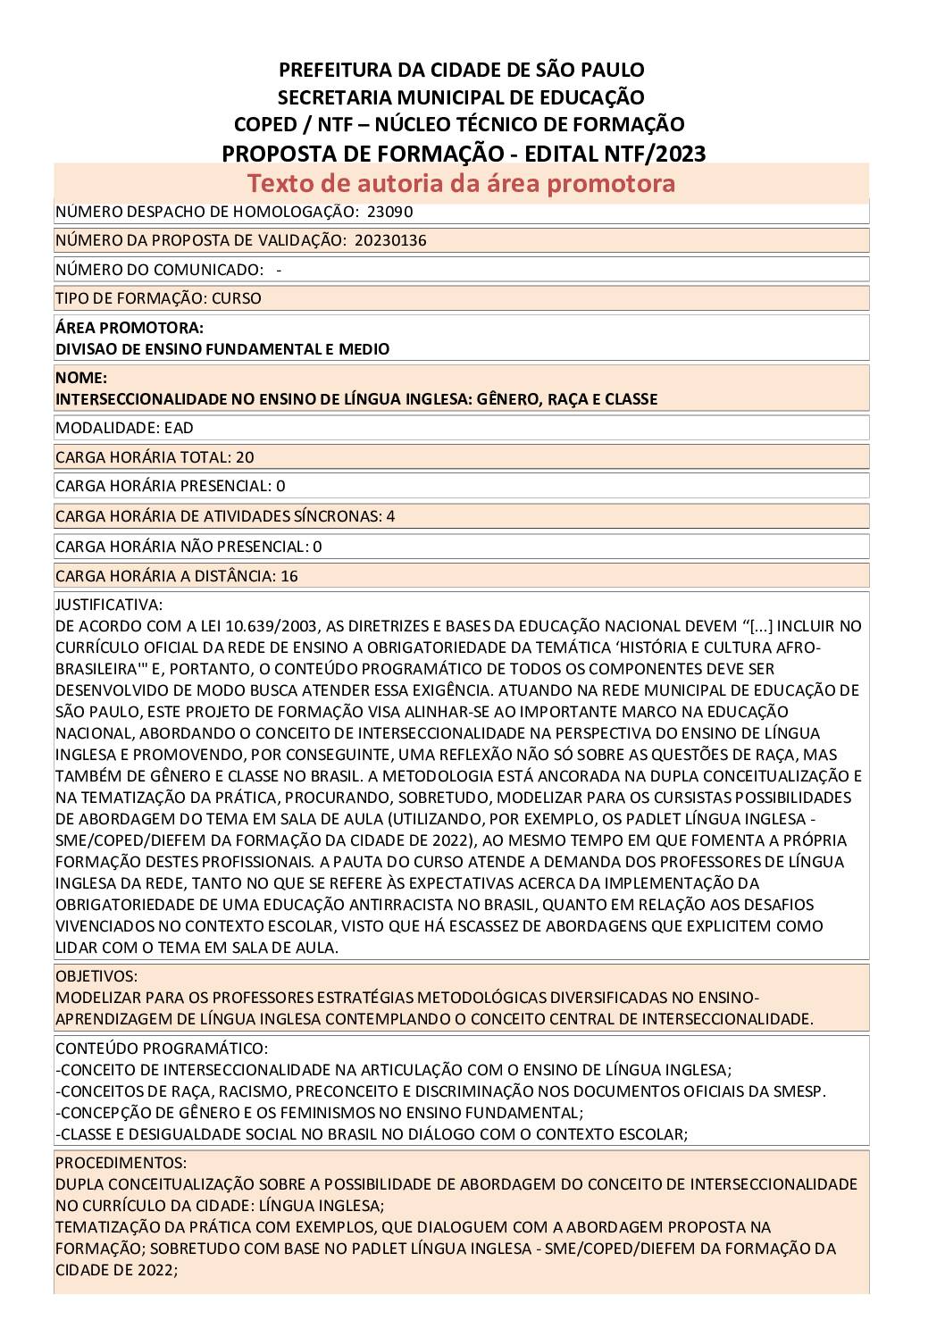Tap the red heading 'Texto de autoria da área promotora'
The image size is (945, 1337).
click(461, 183)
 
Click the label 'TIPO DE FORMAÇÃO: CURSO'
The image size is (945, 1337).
click(158, 298)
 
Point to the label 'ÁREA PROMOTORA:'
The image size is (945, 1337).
click(130, 328)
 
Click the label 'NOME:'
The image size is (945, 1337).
click(81, 378)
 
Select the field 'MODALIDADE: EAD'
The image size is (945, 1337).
click(124, 428)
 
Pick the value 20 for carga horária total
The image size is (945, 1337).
click(245, 457)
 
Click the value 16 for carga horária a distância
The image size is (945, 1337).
click(289, 576)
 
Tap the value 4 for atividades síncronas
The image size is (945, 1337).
click(390, 516)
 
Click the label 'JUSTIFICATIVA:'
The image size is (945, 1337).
click(109, 605)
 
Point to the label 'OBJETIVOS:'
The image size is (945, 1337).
click(96, 976)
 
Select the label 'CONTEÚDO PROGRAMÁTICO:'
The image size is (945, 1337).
click(162, 1048)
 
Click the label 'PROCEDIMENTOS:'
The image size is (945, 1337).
click(121, 1163)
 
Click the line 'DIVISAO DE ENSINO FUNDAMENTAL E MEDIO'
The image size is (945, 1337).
click(222, 349)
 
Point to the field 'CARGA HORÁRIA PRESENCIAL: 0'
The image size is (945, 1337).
click(171, 487)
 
